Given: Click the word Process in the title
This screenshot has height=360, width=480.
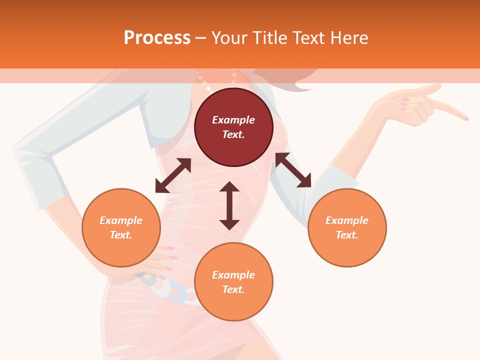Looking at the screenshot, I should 157,38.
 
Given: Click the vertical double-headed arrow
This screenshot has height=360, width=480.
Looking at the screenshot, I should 229,205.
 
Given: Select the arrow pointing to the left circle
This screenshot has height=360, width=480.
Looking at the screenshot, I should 173,175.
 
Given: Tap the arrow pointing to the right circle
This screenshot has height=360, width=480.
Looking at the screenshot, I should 293,170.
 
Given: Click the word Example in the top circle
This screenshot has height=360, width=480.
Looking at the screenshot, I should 233,120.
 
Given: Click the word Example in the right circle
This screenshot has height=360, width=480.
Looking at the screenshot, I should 347,220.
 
